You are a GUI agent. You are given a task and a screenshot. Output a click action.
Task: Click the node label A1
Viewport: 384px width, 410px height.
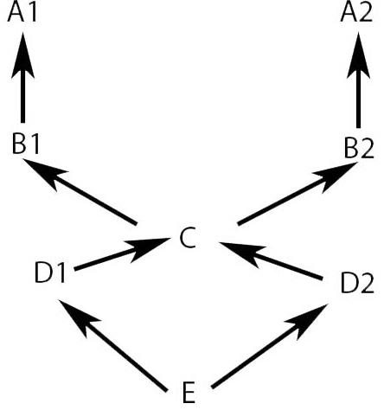22,13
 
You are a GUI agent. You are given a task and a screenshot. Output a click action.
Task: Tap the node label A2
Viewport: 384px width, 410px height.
356,13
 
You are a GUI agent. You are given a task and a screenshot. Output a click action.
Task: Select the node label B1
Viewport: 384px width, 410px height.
26,144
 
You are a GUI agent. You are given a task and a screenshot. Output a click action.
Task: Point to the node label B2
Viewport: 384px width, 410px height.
359,149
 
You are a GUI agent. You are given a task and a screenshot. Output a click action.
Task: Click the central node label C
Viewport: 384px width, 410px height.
188,238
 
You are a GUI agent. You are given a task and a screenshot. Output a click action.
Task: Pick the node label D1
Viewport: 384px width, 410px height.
50,272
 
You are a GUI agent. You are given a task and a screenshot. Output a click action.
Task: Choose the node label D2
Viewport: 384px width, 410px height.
357,283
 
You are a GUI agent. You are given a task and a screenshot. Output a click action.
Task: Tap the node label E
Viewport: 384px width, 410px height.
189,393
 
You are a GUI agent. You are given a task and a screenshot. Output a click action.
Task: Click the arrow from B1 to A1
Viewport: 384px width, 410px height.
22,77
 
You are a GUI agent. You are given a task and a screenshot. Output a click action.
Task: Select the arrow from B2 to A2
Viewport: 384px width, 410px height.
358,80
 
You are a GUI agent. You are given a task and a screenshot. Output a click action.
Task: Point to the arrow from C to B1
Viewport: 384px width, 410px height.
80,191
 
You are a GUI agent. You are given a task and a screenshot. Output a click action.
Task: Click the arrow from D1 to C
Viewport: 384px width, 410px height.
122,254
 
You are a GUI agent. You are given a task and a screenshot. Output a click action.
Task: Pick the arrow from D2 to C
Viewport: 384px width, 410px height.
271,261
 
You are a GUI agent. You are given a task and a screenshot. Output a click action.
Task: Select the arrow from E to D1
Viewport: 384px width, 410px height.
113,345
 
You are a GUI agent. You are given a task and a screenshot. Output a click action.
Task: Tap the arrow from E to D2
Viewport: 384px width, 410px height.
270,346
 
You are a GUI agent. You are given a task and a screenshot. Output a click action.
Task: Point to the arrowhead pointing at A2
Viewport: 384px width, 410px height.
358,54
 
